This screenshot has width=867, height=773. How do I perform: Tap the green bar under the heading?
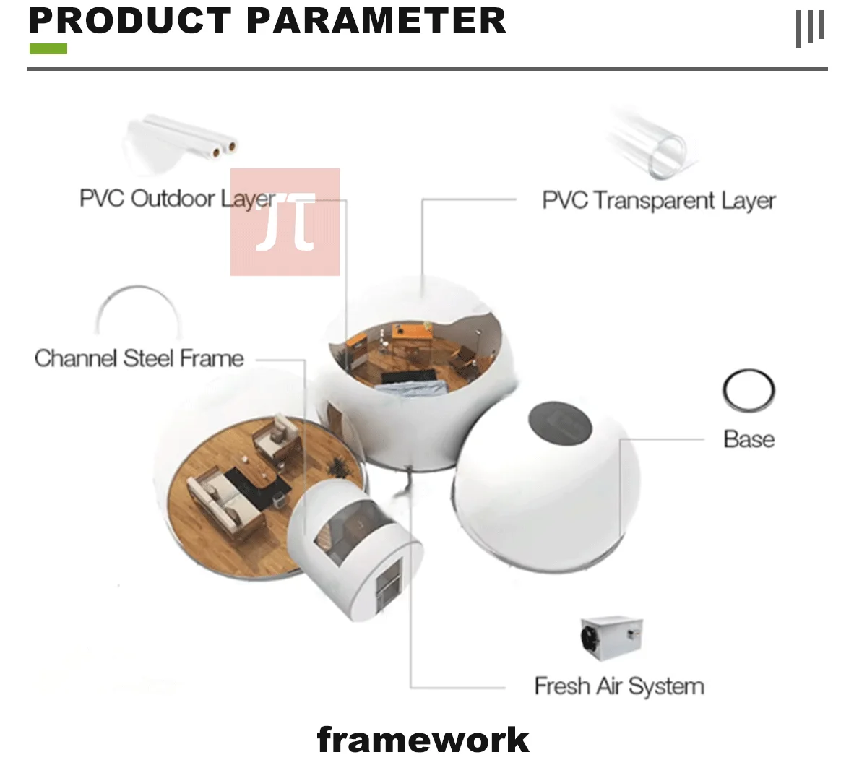point(48,49)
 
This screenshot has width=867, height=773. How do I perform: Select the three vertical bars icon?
point(809,28)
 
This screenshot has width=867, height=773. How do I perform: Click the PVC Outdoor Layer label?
point(177,198)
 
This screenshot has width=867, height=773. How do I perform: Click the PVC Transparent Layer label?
point(658,200)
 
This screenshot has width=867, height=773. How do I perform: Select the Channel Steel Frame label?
point(139,358)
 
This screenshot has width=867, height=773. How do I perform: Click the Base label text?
point(749,439)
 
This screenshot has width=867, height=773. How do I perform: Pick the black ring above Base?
point(749,390)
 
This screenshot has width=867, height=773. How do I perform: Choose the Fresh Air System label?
point(619,686)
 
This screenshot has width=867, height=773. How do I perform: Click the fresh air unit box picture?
point(611,638)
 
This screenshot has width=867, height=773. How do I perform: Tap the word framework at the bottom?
point(423,740)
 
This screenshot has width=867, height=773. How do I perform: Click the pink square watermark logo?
point(285,223)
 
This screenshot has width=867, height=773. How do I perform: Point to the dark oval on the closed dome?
point(560,424)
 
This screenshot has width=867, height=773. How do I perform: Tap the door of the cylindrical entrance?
point(388,583)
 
